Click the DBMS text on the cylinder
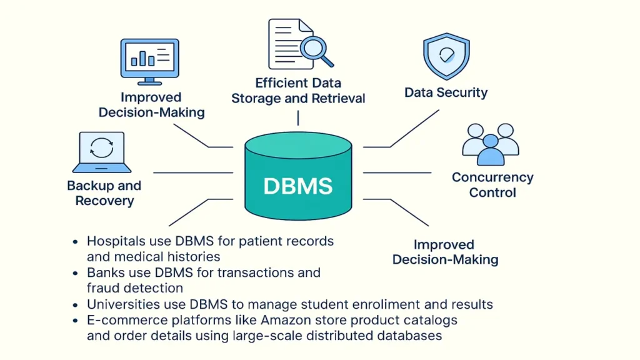[297, 186]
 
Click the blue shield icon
[446, 56]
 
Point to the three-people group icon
[490, 143]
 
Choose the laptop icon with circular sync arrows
[102, 151]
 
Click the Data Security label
[446, 92]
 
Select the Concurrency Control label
[492, 185]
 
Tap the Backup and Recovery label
[104, 193]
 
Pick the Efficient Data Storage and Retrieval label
[298, 91]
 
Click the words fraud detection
[135, 287]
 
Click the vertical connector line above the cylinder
[298, 117]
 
